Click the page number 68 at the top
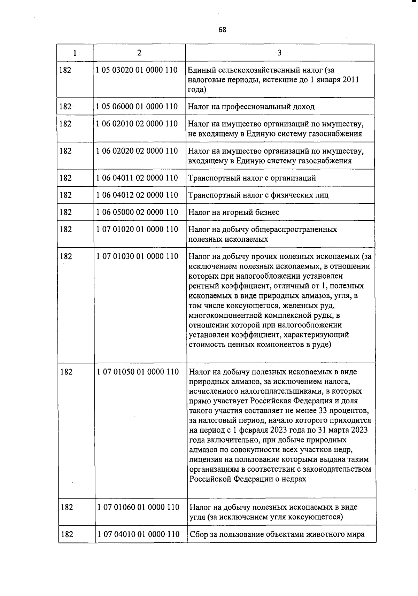222,30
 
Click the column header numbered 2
139,53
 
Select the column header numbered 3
279,53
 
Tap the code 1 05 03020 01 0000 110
137,70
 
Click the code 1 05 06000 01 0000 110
137,107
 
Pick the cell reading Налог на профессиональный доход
251,107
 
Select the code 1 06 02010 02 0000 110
137,124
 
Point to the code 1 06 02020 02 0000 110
137,151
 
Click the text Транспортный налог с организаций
252,178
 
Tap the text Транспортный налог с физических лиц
258,195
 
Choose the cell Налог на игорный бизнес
234,212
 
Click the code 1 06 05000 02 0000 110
137,212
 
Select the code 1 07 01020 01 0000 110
137,229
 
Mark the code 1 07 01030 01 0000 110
137,256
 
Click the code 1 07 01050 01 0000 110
138,372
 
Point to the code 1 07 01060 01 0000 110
138,507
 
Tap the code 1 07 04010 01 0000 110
138,534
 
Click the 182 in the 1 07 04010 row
67,534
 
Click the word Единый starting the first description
200,70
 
